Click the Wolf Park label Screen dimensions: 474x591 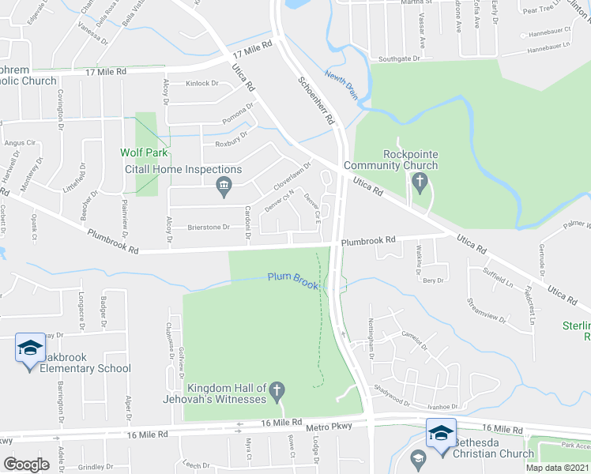[142, 153]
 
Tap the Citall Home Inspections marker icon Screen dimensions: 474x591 [223, 186]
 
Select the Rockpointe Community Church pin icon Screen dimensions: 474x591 [420, 185]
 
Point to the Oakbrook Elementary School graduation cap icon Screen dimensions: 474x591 [30, 348]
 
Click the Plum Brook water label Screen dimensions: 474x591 [292, 277]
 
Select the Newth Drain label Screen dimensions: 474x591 [341, 85]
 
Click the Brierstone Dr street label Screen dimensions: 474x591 [208, 228]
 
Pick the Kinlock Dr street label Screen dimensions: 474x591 [201, 83]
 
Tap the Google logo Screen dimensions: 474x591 [26, 465]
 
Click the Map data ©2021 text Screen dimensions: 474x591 [557, 468]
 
